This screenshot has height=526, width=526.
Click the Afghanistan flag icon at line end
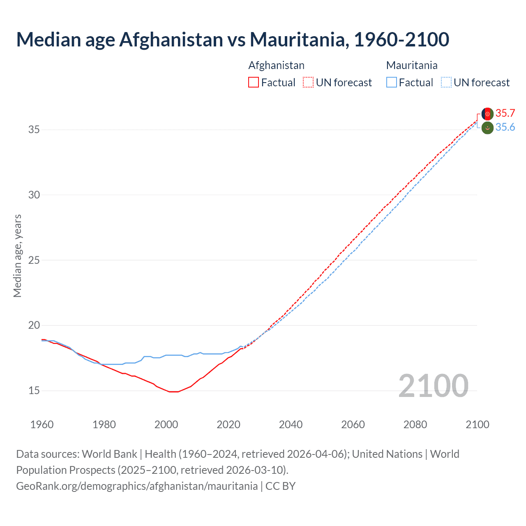tap(487, 114)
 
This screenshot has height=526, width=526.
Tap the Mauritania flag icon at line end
tap(487, 128)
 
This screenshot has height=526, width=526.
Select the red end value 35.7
tap(505, 113)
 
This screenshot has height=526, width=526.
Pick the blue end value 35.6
tap(505, 127)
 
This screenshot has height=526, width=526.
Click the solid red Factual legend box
tap(254, 83)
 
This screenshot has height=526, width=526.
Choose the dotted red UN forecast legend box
tap(308, 83)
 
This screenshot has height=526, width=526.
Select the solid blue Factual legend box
tap(392, 83)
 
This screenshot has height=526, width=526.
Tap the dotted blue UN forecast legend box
tap(446, 83)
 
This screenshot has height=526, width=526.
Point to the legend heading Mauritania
tap(412, 65)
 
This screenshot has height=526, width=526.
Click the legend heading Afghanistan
tap(276, 65)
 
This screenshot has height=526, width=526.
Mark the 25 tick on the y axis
tap(34, 260)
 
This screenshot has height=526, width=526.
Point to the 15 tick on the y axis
tap(34, 390)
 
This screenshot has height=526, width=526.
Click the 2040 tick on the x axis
tap(291, 424)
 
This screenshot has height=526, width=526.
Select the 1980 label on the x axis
tap(104, 424)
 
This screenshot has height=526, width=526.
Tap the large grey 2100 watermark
tap(433, 385)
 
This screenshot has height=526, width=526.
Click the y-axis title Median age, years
tap(17, 256)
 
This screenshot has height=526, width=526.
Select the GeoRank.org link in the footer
tap(137, 486)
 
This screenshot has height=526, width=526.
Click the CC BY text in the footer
tap(280, 486)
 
